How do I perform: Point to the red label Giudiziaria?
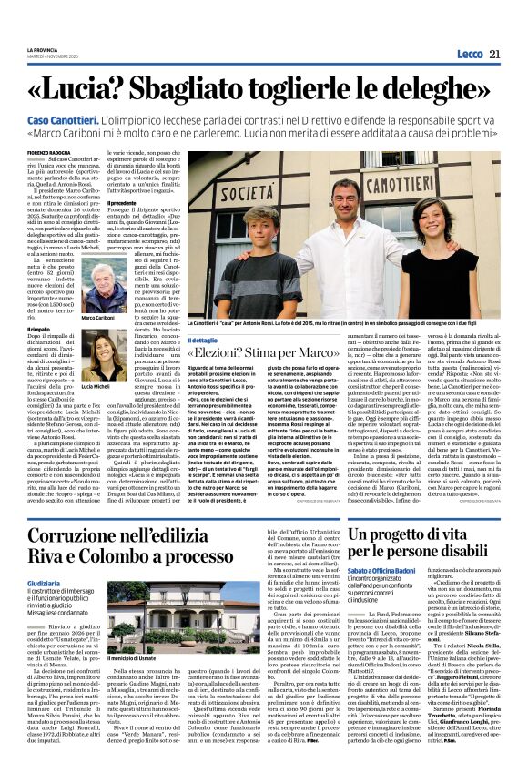coord(45,556)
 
